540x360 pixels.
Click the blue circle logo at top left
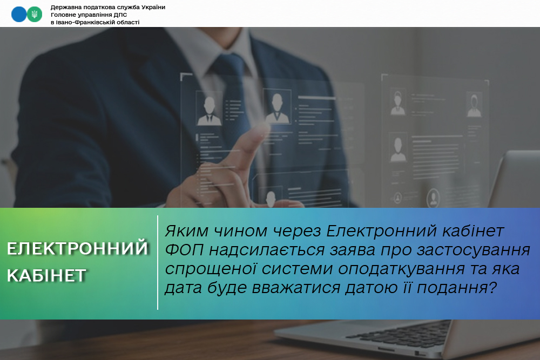19,14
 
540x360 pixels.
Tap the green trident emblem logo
35,14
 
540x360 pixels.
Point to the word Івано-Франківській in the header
84,22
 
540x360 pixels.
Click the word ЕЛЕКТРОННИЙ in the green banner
77,248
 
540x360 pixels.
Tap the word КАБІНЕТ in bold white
46,275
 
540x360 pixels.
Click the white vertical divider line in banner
158,263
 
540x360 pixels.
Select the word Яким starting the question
187,231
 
